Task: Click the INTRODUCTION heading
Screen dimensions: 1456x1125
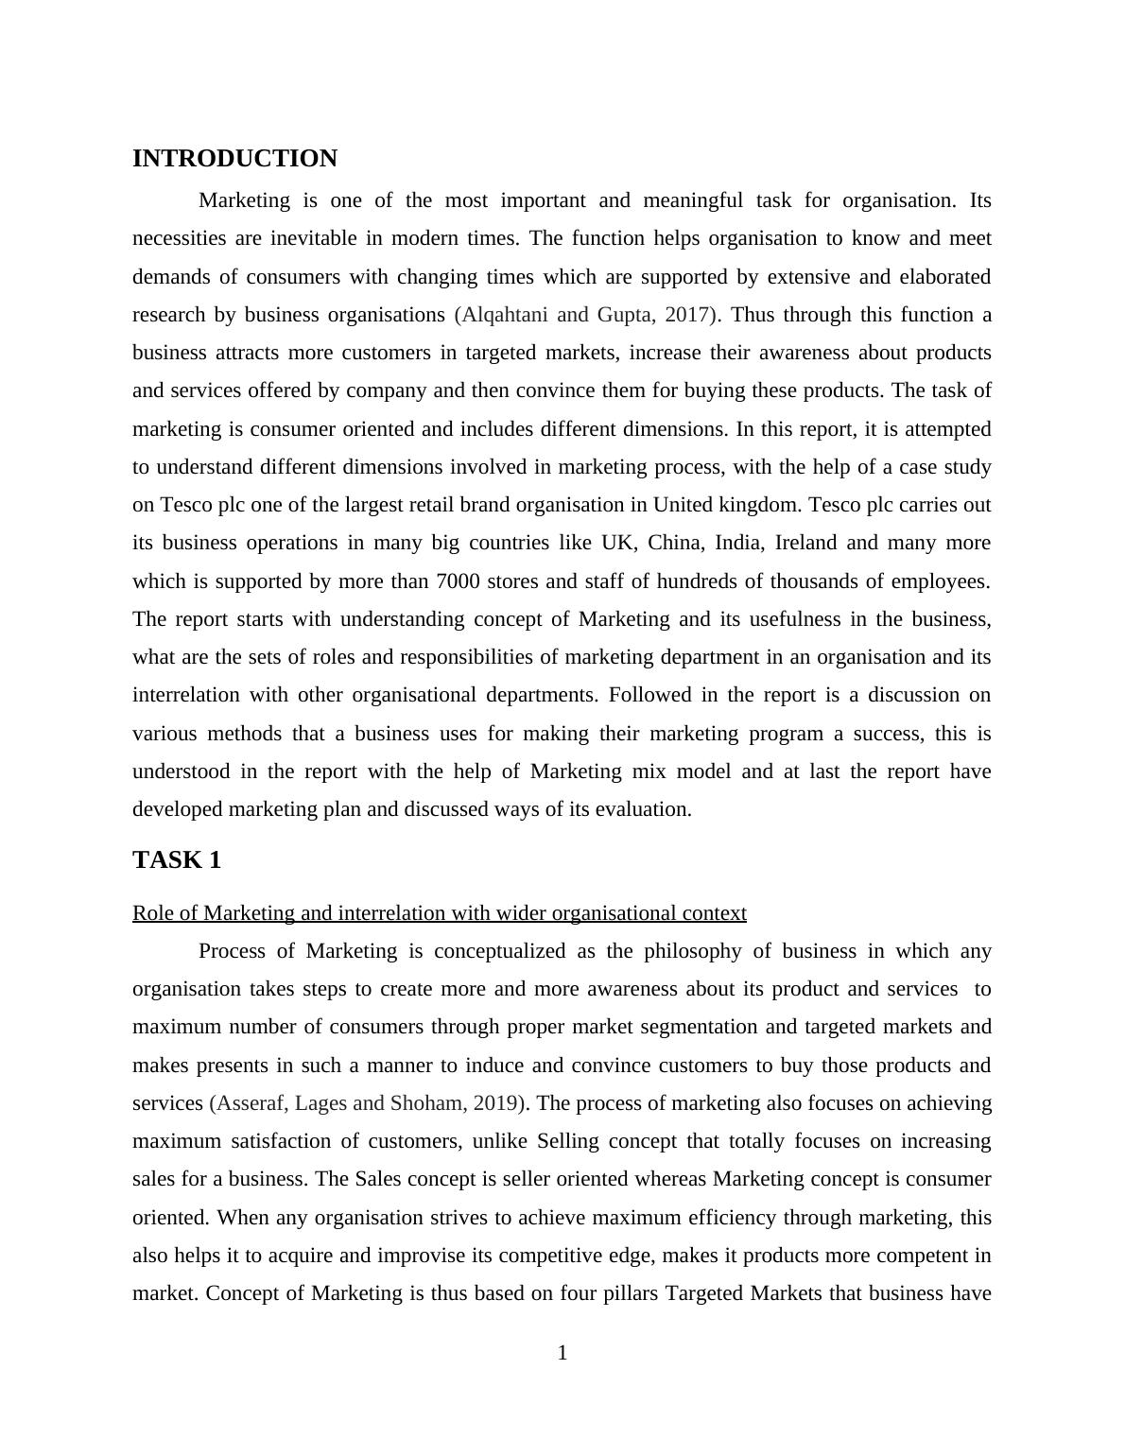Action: tap(234, 159)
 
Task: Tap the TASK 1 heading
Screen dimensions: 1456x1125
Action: tap(177, 859)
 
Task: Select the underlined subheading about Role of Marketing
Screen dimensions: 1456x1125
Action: tap(439, 913)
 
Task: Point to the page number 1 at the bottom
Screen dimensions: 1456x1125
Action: tap(562, 1353)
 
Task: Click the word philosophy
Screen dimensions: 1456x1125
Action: tap(693, 951)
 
